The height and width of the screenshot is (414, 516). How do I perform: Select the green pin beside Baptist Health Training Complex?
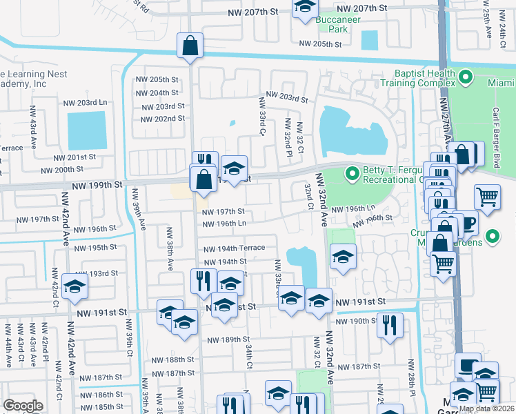(466, 77)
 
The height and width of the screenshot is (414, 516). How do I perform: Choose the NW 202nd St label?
(161, 118)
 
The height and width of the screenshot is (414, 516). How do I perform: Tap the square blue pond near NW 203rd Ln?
(87, 130)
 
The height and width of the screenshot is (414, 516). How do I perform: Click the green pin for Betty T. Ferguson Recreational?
(353, 172)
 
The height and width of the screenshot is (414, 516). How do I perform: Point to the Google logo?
(23, 406)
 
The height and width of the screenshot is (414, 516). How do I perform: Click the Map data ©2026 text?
(486, 408)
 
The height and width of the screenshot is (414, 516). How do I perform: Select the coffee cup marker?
(467, 223)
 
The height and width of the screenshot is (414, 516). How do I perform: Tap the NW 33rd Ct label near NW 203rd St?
(262, 117)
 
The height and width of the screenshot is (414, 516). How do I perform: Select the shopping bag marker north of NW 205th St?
(189, 46)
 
